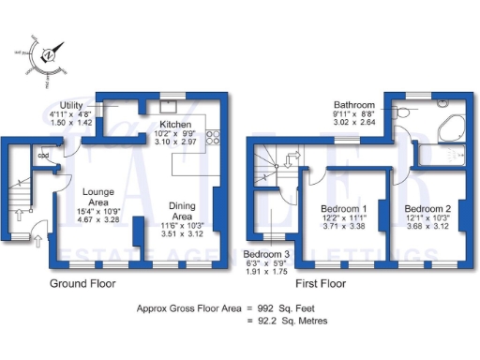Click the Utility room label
coord(71,105)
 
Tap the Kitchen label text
coord(176,125)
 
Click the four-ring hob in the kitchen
coord(212,139)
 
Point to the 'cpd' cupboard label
coord(44,156)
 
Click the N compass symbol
coord(49,57)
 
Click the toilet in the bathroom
coord(405,110)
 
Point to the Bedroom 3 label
coord(266,254)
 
